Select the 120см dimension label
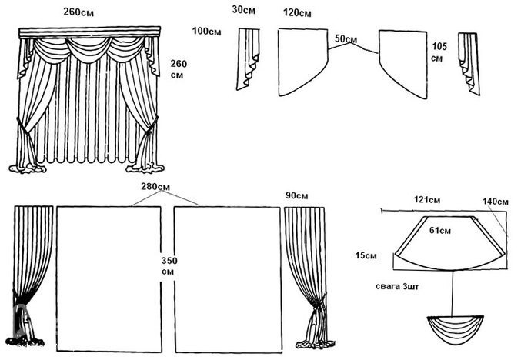click(297, 14)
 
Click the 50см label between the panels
click(346, 39)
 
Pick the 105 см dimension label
click(439, 52)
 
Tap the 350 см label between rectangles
click(169, 266)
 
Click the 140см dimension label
click(496, 202)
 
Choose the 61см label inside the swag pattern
click(440, 230)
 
